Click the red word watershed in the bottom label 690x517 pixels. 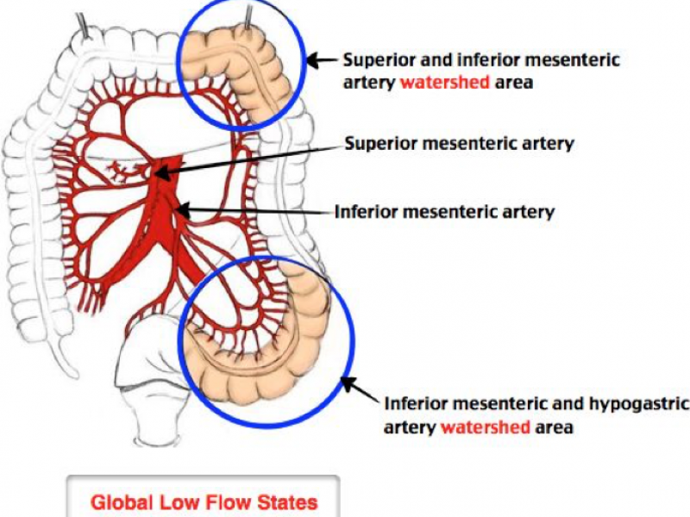point(485,427)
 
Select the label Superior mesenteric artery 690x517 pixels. point(459,143)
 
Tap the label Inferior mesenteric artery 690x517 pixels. point(444,211)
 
